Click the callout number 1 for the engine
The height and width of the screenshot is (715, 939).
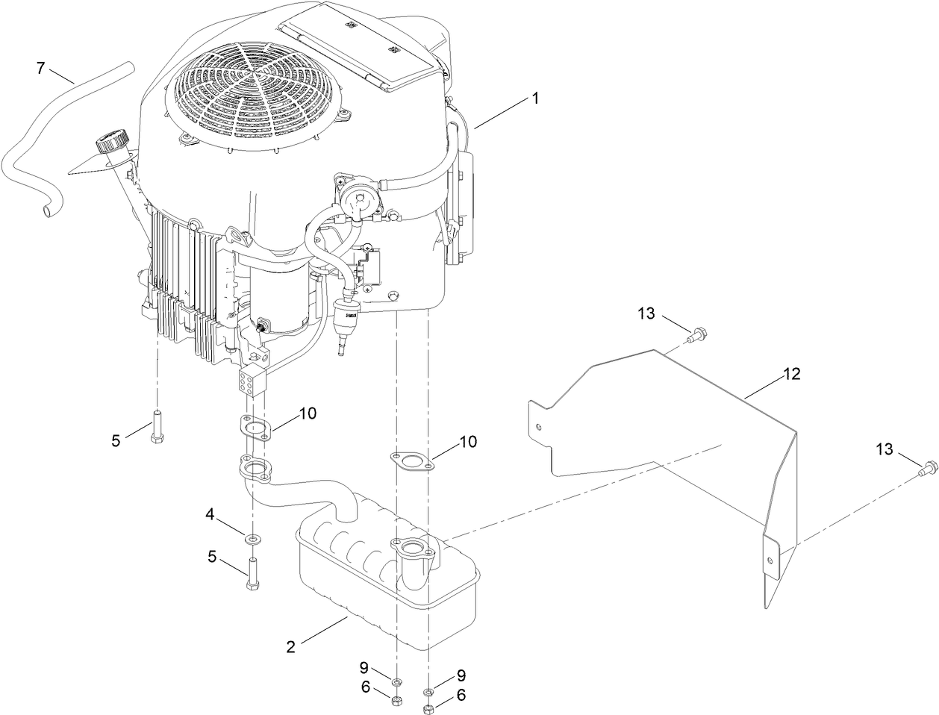534,97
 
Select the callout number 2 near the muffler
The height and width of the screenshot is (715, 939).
290,647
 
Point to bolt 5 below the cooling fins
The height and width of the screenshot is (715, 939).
157,427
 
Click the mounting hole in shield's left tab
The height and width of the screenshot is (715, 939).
540,427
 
